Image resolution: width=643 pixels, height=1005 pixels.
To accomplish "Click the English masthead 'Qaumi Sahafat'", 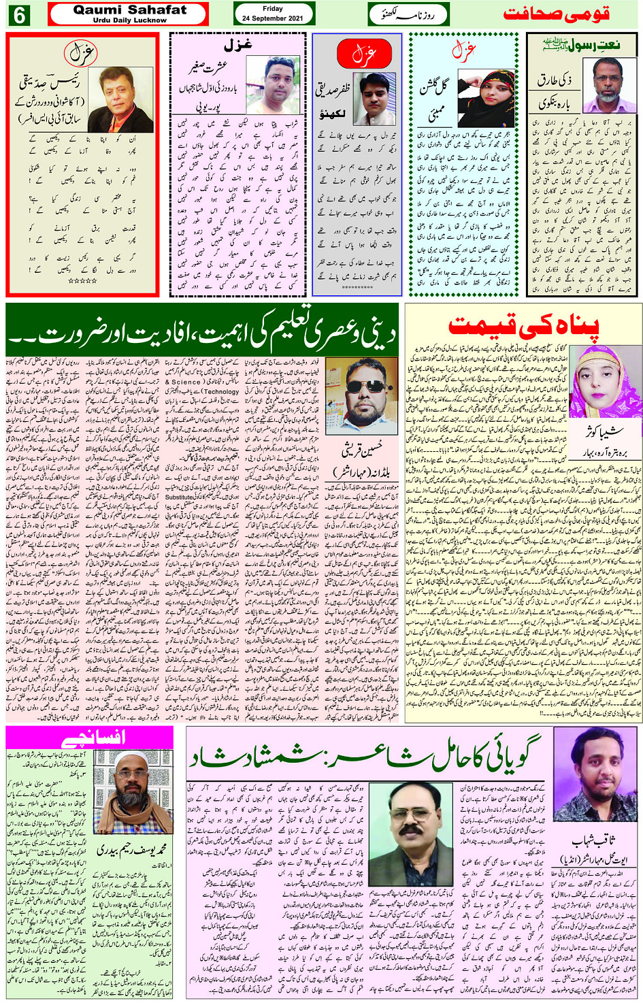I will [129, 10].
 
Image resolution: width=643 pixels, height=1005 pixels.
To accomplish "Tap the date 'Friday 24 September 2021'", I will [273, 14].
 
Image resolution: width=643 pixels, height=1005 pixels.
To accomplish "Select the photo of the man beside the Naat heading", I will [612, 86].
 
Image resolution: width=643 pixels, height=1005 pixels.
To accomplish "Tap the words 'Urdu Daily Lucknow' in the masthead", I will [129, 20].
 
